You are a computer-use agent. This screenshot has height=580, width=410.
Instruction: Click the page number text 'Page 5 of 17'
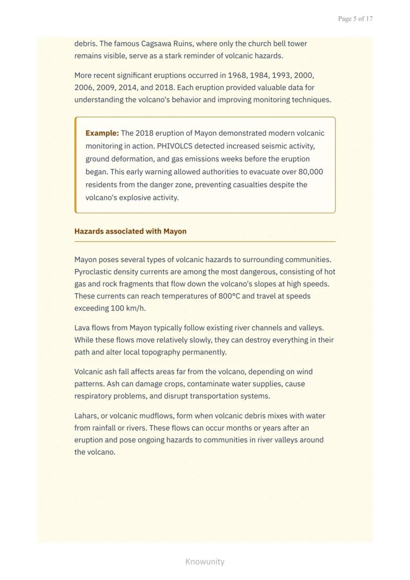coord(355,19)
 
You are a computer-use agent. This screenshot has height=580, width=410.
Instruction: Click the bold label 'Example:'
coord(102,133)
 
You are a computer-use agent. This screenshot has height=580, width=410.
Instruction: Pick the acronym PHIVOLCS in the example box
coord(175,146)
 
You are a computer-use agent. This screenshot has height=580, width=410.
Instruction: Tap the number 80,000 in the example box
coord(310,172)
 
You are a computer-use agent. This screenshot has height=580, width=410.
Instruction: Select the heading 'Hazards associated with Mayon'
coord(130,231)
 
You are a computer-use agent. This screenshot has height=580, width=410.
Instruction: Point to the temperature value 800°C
coord(229,296)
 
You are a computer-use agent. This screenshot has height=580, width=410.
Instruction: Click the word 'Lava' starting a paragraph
coord(82,328)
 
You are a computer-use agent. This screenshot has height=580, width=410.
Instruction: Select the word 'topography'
coord(161,352)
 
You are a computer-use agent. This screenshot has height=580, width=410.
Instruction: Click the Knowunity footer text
coord(205,562)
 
